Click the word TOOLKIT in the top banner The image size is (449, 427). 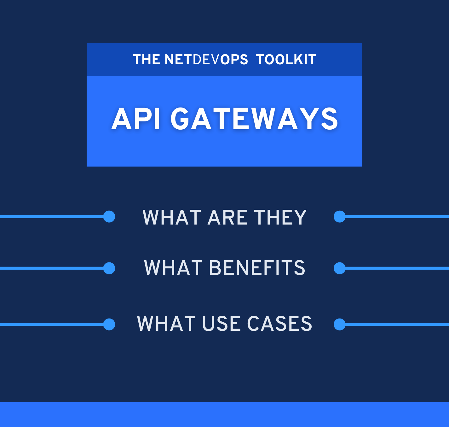(286, 59)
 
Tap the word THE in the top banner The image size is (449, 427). (147, 59)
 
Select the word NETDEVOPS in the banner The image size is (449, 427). (206, 59)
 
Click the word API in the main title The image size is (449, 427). (136, 119)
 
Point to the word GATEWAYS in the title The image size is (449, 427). (254, 119)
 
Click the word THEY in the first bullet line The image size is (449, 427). (280, 217)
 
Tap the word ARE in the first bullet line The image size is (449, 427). (227, 217)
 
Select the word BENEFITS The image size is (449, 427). (257, 268)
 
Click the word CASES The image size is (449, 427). (279, 324)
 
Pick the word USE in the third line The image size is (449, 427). (222, 324)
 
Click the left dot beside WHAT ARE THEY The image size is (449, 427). (109, 216)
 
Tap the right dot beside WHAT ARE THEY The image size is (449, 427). (340, 216)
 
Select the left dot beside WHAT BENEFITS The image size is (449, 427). (109, 268)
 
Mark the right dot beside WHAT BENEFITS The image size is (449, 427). (340, 268)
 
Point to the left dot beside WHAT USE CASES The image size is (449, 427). (109, 325)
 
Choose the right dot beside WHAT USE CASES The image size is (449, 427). (340, 325)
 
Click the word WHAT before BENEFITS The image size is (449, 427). (173, 268)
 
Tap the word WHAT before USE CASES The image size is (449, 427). (166, 324)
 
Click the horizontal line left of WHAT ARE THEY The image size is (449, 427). (52, 216)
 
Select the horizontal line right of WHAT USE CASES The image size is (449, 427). (397, 325)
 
